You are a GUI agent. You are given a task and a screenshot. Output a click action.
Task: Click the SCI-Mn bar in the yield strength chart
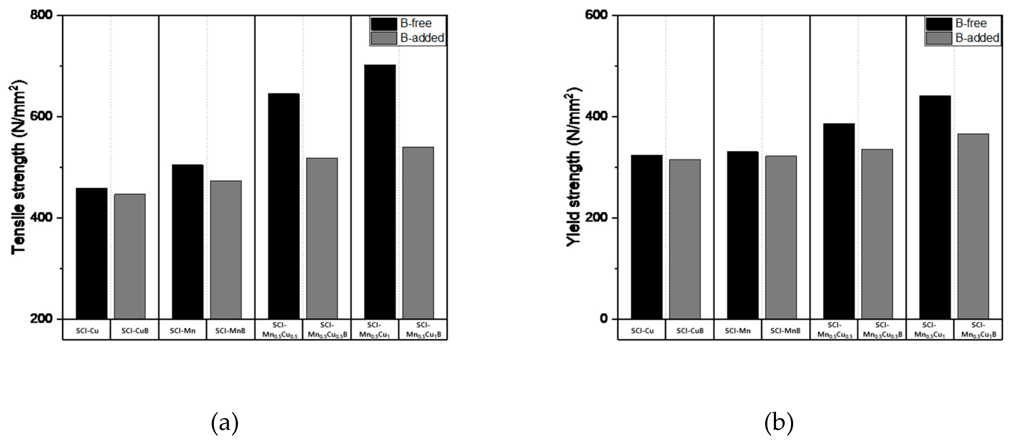point(743,235)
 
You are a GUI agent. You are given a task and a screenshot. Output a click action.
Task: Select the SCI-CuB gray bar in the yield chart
point(685,239)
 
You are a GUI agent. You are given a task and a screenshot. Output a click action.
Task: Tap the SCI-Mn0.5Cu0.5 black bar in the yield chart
point(839,221)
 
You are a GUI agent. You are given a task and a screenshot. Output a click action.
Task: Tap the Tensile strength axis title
point(18,167)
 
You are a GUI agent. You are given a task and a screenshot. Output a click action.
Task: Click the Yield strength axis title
point(573,167)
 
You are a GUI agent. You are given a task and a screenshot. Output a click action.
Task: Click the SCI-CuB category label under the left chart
point(135,331)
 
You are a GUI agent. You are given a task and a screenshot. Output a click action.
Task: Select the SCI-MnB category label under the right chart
point(785,331)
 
